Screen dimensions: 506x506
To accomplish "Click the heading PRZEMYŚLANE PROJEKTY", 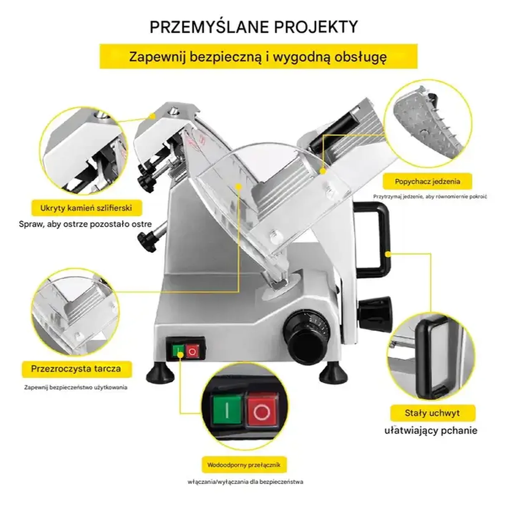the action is (x=253, y=26).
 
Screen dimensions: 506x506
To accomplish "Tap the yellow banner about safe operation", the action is (x=258, y=57).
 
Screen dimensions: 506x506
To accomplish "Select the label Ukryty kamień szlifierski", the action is (x=86, y=208).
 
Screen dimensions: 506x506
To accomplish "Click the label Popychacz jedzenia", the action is (x=428, y=181).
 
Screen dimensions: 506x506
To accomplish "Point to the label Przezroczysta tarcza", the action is (x=76, y=369).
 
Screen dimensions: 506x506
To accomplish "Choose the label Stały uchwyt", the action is (x=432, y=413).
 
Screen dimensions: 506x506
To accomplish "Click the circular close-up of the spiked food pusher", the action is (x=428, y=124).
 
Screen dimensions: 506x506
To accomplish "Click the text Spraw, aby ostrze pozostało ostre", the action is (x=85, y=224).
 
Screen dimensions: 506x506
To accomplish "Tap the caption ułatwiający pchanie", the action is (x=431, y=430).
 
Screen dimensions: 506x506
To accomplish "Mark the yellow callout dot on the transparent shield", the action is (x=239, y=187).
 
